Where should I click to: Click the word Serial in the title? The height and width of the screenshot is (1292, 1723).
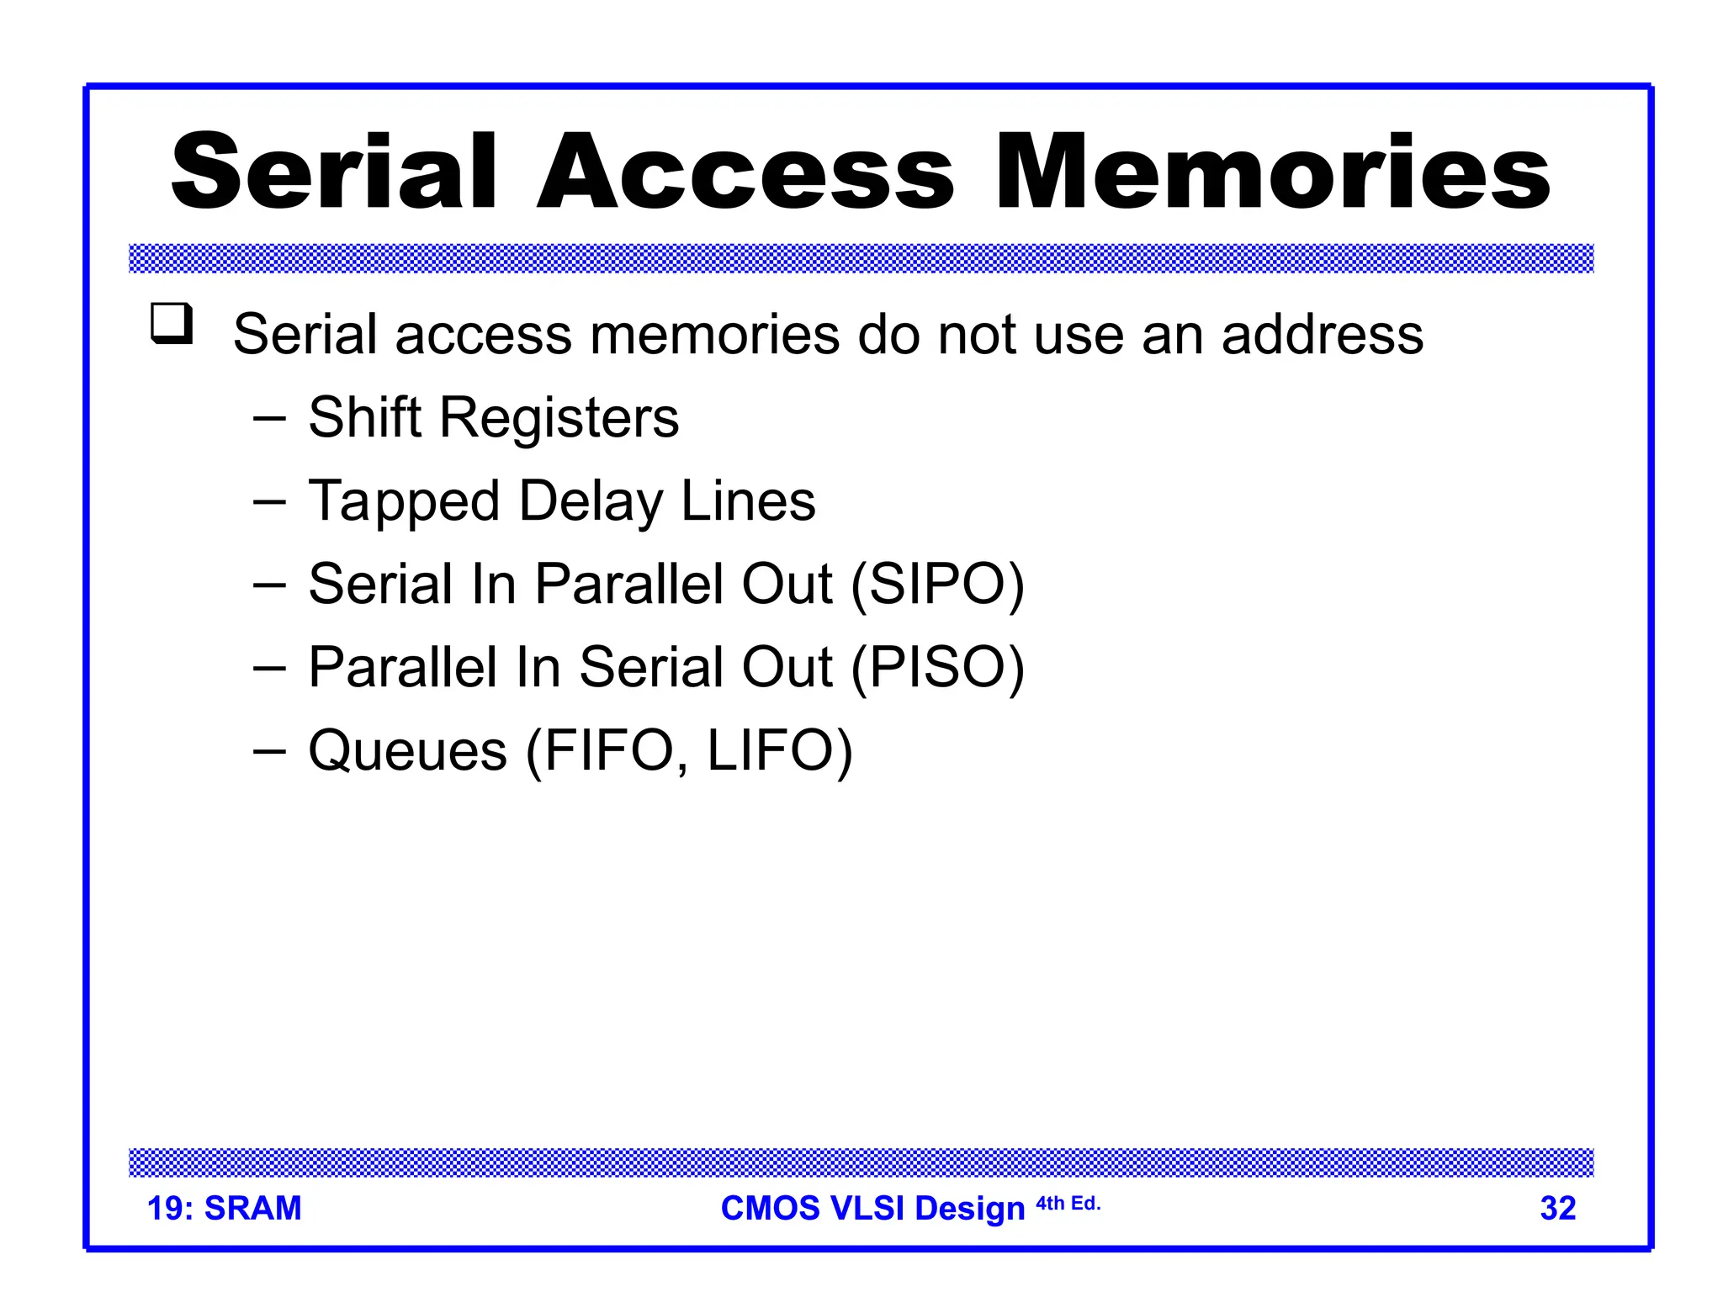334,172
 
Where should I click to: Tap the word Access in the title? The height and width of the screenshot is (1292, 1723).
745,172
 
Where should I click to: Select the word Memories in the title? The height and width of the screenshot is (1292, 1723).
1272,172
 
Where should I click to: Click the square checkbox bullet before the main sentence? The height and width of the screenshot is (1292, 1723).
172,324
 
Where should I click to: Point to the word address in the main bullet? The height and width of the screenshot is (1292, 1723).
1322,335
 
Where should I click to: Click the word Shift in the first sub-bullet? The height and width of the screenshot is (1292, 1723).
364,417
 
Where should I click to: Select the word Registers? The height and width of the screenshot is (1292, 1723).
559,419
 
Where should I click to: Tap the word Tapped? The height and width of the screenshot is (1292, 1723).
404,502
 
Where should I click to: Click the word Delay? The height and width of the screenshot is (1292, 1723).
591,502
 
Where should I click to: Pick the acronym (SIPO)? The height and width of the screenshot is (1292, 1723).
937,585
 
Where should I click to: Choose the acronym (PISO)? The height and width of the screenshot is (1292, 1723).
937,668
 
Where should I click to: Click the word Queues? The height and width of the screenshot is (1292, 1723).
408,750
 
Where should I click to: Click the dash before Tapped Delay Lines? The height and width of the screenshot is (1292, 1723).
269,501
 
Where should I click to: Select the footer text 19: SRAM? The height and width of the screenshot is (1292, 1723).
224,1208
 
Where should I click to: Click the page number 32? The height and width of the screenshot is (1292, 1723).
1557,1208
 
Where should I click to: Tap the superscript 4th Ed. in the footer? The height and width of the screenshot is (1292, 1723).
1068,1204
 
